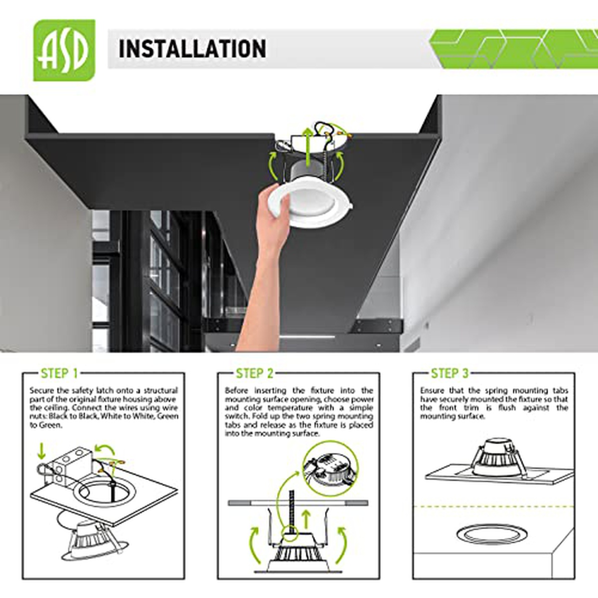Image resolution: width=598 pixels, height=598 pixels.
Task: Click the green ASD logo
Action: click(x=64, y=50)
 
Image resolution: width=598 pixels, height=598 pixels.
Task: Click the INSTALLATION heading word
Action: click(x=192, y=49)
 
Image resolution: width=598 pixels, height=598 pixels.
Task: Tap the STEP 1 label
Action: click(x=59, y=374)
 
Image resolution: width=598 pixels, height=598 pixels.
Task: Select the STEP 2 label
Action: click(x=255, y=374)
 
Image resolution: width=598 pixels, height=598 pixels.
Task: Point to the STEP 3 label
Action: click(x=449, y=374)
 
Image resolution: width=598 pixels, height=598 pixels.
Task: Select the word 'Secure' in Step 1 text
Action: click(x=41, y=390)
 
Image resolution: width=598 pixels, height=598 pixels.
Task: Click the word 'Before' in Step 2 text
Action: click(x=236, y=390)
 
